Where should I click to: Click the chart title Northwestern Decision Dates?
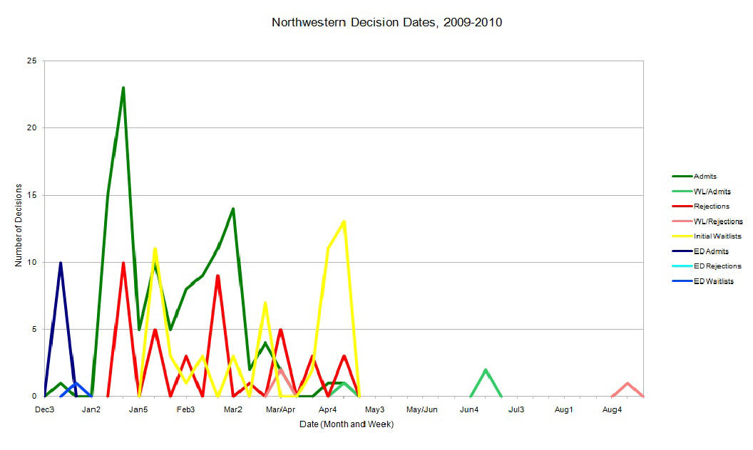(x=386, y=23)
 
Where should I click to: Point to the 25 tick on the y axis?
(x=33, y=61)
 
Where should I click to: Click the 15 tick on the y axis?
(x=33, y=195)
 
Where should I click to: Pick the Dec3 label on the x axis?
(x=45, y=409)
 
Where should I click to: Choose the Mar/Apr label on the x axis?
(x=281, y=409)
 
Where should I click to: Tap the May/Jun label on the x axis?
(x=422, y=409)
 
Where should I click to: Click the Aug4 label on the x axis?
(x=611, y=409)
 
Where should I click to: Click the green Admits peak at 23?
(x=123, y=88)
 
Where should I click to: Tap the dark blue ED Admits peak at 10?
(x=61, y=263)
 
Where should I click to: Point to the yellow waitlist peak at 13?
(x=344, y=222)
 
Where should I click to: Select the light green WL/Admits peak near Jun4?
(x=486, y=370)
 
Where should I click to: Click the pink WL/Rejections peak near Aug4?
(x=627, y=383)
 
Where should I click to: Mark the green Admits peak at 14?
(x=233, y=209)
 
